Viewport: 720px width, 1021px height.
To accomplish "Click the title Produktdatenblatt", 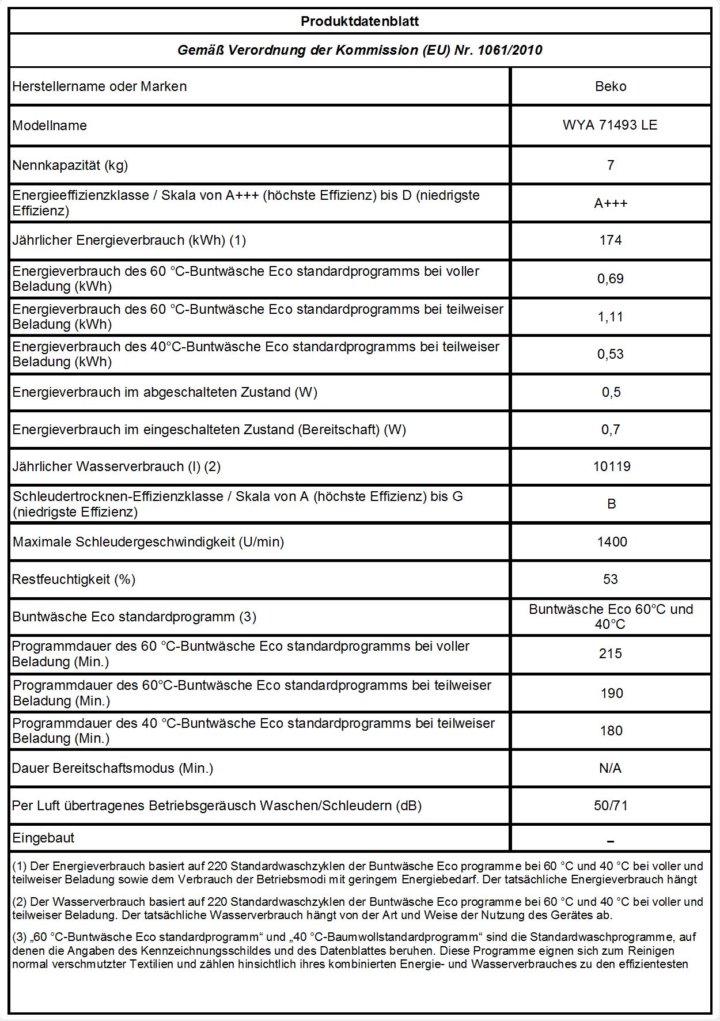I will pos(359,22).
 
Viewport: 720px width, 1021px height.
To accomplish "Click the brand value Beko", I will pos(611,86).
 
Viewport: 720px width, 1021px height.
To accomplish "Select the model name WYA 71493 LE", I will pos(610,125).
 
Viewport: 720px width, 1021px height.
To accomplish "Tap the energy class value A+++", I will pos(611,203).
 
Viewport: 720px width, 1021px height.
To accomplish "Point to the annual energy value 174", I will pos(611,240).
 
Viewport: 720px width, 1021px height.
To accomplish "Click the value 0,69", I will pos(611,279).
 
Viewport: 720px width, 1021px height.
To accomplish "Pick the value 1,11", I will pos(611,317).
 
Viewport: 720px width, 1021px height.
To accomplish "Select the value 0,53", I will pos(611,354).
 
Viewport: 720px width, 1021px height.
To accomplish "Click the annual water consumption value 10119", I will pos(612,466).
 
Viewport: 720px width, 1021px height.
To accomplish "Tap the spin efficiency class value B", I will pos(612,504).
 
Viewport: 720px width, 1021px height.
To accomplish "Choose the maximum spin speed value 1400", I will pos(612,542).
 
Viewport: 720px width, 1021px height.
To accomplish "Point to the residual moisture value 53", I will pos(611,579).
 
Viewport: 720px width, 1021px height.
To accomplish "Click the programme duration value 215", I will pos(611,654).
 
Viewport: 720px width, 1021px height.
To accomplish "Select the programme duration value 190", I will pos(612,693).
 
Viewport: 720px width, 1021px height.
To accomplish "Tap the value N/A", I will pos(611,768).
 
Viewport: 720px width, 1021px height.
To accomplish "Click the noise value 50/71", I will pos(611,806).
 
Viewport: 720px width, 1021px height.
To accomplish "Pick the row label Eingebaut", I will pos(43,838).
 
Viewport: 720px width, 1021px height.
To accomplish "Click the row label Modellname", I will pos(50,126).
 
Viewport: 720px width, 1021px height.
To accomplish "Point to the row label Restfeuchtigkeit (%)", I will pos(74,579).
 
